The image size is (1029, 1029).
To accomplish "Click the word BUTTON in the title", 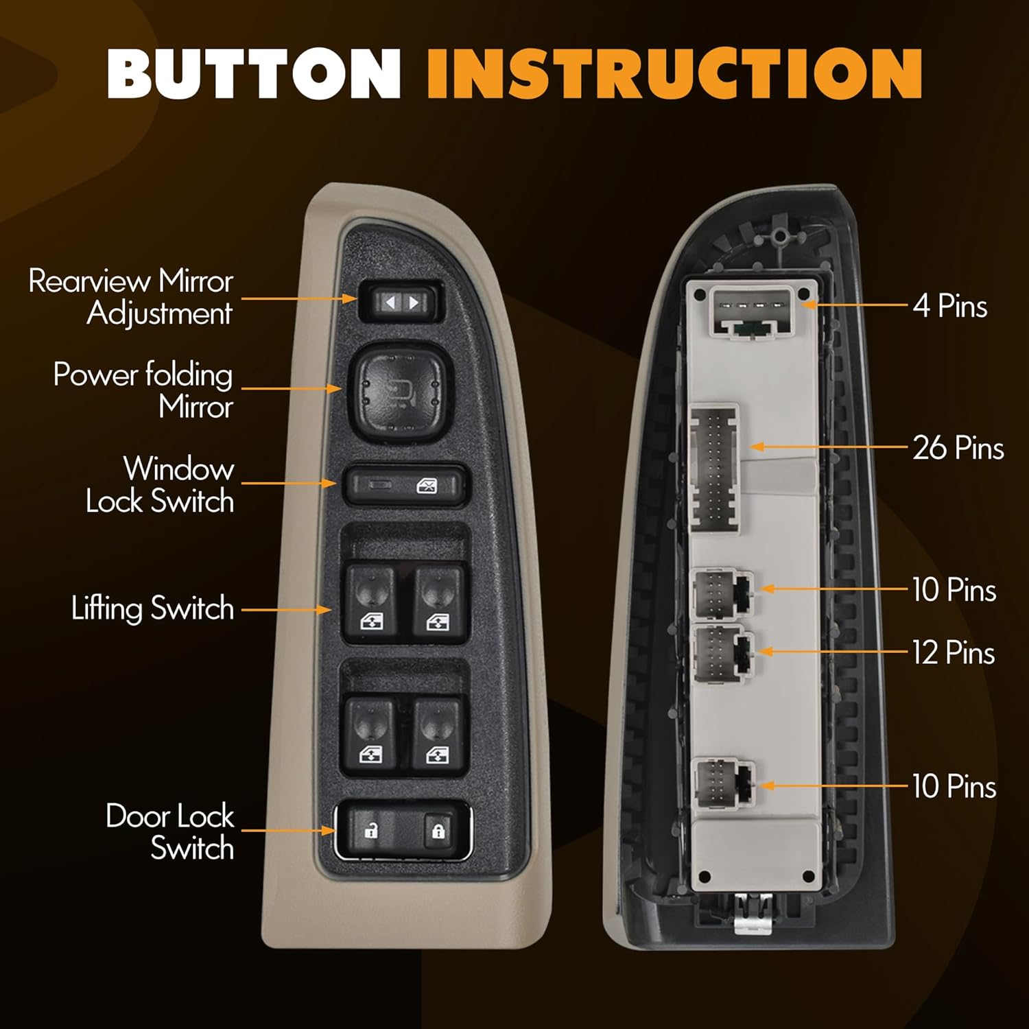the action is click(254, 74).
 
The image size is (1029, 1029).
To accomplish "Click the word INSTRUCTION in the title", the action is click(674, 74).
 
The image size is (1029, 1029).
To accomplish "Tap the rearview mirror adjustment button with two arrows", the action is click(401, 302).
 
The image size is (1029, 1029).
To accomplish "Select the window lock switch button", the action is click(406, 486).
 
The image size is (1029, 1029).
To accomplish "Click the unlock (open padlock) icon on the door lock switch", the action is click(371, 830).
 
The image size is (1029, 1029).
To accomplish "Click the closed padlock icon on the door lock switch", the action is click(438, 830).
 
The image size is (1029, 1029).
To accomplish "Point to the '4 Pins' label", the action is click(949, 305).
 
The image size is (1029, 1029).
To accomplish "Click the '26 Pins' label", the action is click(958, 448).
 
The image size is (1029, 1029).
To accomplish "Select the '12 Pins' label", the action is click(954, 652).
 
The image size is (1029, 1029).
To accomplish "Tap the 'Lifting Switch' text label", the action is click(152, 608).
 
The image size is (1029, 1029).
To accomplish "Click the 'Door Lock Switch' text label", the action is click(170, 832).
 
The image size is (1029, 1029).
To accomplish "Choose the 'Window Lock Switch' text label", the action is click(160, 484).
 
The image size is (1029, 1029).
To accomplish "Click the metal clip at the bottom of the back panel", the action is click(753, 912).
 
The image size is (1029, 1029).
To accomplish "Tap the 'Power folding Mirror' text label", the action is click(143, 390).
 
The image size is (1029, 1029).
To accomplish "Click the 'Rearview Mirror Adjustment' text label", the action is click(130, 297).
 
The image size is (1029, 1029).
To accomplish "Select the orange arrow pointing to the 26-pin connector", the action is click(829, 447).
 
